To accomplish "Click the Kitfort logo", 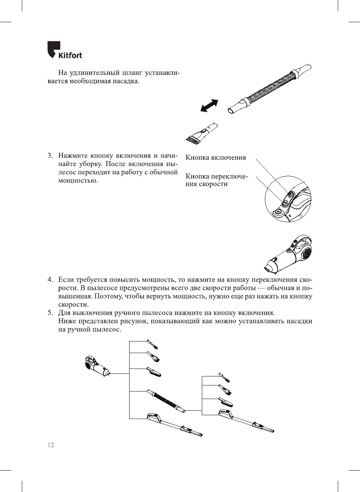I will pos(64,50).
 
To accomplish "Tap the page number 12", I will pos(50,445).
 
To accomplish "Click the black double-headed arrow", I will pos(209,105).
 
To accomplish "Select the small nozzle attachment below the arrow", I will pos(201,133).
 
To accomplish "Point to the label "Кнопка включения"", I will pos(215,158).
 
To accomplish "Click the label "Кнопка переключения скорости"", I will pos(216,180).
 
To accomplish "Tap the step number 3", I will pos(50,156).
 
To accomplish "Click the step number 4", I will pos(50,280).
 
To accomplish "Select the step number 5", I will pos(50,313).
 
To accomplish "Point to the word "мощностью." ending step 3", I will pos(78,181).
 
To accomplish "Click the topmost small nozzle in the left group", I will pos(152,344).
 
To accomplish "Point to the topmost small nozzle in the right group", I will pos(224,377).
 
